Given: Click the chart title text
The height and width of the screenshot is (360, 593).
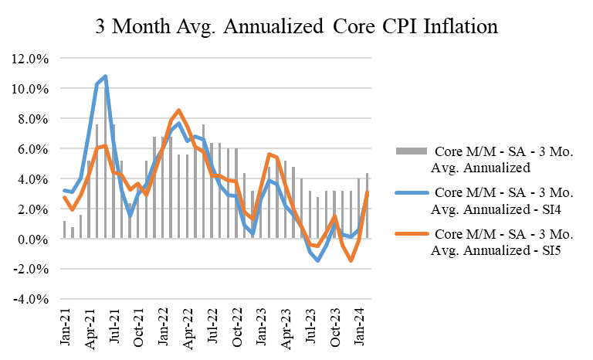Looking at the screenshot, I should point(296,26).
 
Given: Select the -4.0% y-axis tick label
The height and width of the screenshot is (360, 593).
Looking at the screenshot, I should point(30,300).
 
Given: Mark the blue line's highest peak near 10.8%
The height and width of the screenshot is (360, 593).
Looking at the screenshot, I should point(105,76).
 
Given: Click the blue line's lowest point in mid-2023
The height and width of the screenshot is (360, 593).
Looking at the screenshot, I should point(318,260).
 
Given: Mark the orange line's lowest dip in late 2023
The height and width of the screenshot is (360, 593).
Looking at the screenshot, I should point(351,260).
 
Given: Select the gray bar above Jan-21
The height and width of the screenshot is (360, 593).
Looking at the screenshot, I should point(65,230).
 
